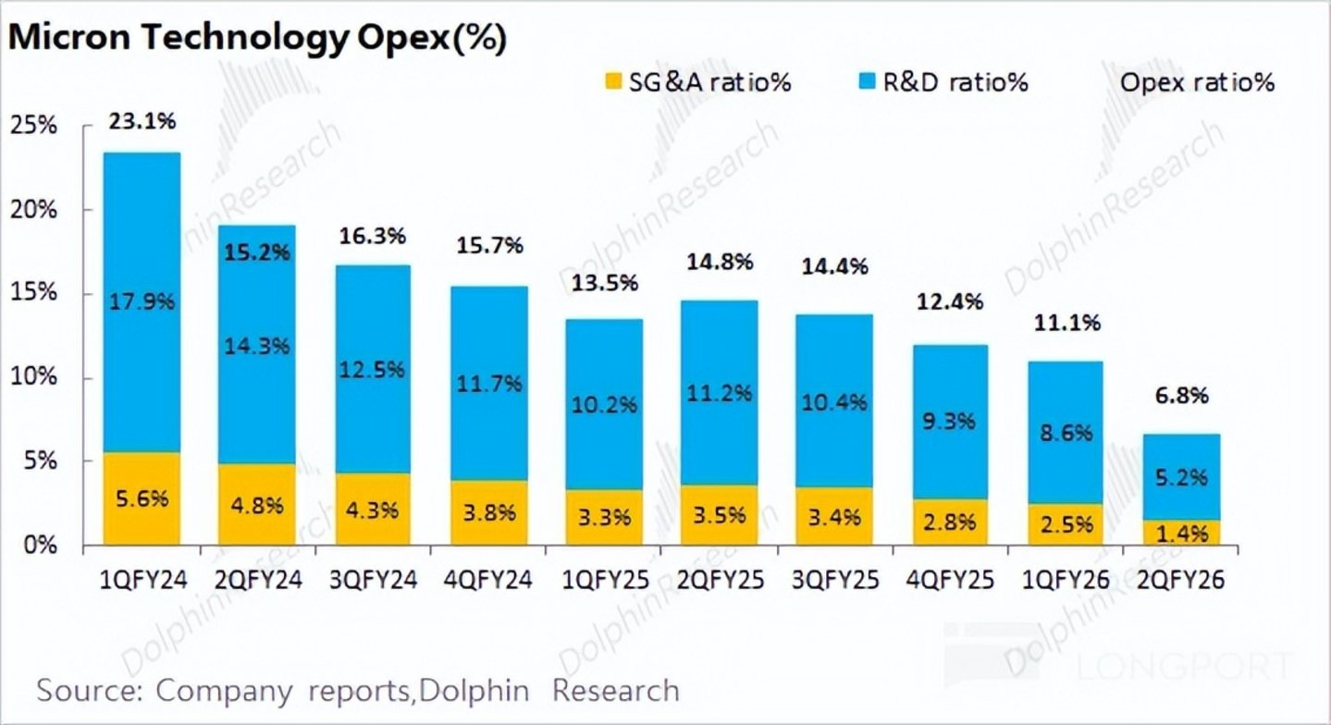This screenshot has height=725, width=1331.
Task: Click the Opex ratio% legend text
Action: coord(1197,82)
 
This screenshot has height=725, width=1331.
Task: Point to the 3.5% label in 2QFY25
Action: coord(719,515)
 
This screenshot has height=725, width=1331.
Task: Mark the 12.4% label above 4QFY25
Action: coord(950,301)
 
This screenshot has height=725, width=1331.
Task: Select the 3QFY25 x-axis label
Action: coord(834,580)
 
